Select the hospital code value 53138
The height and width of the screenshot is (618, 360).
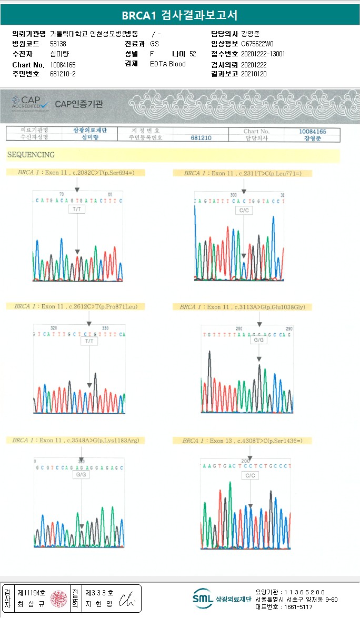tap(58, 44)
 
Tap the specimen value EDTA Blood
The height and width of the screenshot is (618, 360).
tap(168, 64)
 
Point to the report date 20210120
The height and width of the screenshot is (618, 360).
tap(254, 74)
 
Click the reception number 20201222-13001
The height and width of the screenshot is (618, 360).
tap(263, 54)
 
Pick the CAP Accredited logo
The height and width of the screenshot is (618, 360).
tap(31, 102)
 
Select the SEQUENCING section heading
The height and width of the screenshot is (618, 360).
tap(31, 155)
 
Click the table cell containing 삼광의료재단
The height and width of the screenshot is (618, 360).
tap(89, 131)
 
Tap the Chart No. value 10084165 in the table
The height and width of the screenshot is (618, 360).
tap(313, 131)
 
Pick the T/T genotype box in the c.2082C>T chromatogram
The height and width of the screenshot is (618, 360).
tap(77, 209)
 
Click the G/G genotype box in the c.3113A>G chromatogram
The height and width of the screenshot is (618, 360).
tap(259, 340)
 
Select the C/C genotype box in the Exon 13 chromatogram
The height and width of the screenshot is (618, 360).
tap(250, 475)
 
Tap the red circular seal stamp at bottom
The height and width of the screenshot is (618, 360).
tap(58, 598)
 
